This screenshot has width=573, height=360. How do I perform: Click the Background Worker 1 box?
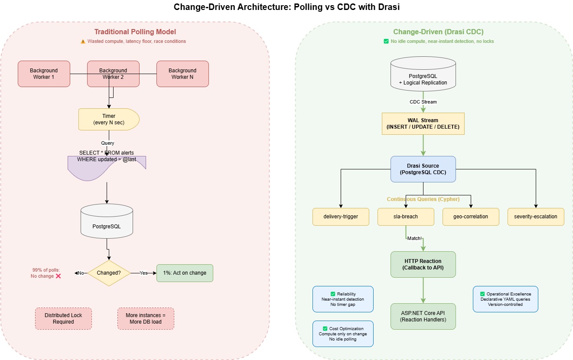tap(44, 74)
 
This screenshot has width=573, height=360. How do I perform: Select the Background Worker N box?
tap(182, 74)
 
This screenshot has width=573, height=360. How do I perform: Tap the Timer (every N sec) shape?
tap(108, 119)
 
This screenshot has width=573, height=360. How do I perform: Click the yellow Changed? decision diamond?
tap(109, 273)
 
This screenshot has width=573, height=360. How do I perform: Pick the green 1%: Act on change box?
tap(185, 273)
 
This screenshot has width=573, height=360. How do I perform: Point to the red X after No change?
tap(59, 276)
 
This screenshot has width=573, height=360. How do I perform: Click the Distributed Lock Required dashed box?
tap(63, 318)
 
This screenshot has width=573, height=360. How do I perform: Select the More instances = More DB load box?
tap(146, 318)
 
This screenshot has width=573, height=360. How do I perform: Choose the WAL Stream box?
tap(423, 123)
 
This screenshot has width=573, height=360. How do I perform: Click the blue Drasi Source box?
tap(423, 169)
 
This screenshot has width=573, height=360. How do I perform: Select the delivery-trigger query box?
tap(341, 217)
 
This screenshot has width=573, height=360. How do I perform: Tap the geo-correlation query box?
tap(471, 217)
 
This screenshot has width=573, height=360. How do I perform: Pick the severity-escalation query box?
tap(536, 217)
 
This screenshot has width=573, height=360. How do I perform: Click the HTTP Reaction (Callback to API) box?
tap(423, 264)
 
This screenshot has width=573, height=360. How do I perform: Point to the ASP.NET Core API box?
tap(423, 316)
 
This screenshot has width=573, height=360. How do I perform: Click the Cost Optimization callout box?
tap(343, 334)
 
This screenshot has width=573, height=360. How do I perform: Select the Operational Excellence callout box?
tap(505, 299)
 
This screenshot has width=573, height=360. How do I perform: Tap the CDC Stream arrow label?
tap(423, 102)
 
